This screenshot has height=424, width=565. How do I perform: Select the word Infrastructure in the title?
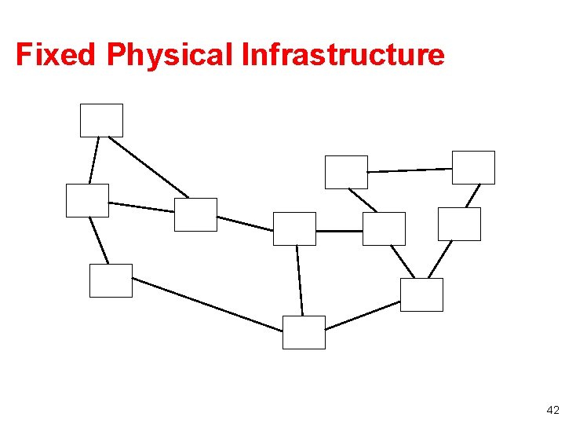343,55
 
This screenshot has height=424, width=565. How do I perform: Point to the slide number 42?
552,410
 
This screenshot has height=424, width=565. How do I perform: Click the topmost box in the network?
101,120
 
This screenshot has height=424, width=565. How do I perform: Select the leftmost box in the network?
87,200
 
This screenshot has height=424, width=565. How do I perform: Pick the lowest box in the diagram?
304,332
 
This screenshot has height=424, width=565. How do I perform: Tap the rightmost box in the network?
474,167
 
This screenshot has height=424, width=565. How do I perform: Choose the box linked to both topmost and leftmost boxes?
195,214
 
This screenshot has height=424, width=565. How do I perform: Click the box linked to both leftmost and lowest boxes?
111,280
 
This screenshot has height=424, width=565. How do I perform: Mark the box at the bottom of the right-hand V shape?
421,294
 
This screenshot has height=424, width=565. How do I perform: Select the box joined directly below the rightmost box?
459,224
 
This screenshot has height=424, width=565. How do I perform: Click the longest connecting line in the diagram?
207,304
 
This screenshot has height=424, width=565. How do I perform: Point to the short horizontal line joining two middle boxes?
339,231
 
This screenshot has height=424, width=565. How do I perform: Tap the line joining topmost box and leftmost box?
94,160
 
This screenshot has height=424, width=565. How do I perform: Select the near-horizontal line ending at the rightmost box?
410,170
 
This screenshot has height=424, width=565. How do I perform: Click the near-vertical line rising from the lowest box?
300,280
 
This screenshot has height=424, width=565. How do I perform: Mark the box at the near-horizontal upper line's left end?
346,172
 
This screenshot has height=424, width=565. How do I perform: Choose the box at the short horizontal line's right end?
385,228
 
